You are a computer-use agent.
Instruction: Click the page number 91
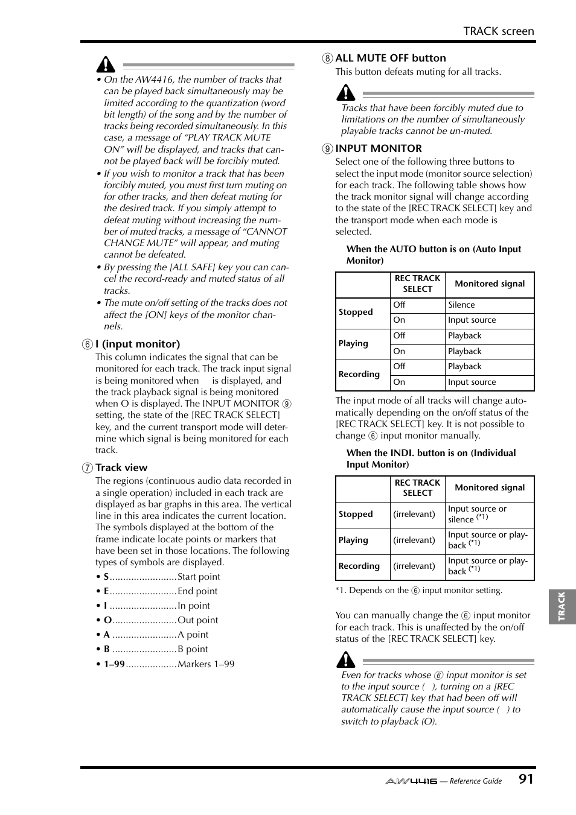(525, 779)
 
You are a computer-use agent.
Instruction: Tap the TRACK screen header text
(499, 31)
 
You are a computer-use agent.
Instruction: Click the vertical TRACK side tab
(562, 606)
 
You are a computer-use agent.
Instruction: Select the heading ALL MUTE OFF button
(390, 58)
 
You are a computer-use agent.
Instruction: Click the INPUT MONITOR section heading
(378, 148)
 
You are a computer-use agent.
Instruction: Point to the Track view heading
(121, 468)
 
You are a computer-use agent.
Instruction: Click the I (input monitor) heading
(137, 344)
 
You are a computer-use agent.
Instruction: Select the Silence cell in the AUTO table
(461, 305)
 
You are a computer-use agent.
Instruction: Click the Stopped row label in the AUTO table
(356, 312)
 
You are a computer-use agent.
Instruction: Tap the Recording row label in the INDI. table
(359, 566)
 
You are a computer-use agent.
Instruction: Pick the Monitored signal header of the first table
(489, 284)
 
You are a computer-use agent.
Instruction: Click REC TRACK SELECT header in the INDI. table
(417, 487)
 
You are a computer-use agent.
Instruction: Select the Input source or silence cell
(477, 514)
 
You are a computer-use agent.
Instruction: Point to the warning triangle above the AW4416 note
(106, 65)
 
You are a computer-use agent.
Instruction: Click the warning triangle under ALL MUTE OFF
(346, 92)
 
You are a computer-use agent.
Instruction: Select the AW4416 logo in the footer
(411, 781)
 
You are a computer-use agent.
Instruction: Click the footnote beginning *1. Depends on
(418, 591)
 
